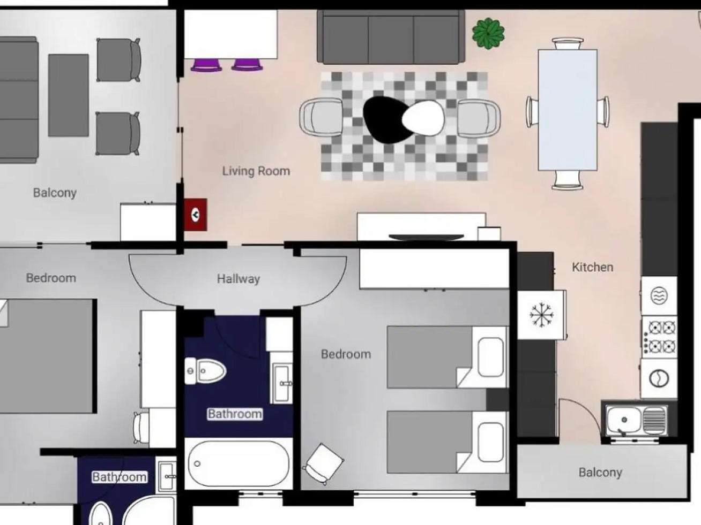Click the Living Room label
[256, 171]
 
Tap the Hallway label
[238, 279]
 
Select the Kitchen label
[592, 267]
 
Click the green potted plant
[488, 34]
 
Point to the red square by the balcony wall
[196, 215]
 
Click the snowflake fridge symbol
[541, 315]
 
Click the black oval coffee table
[387, 120]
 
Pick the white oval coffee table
[423, 118]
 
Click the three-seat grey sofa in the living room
[391, 36]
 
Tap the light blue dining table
[568, 110]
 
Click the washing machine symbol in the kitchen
[659, 379]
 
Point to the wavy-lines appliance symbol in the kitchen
[659, 296]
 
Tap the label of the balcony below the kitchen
[600, 473]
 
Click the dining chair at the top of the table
[568, 44]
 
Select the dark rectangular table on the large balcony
[69, 95]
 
